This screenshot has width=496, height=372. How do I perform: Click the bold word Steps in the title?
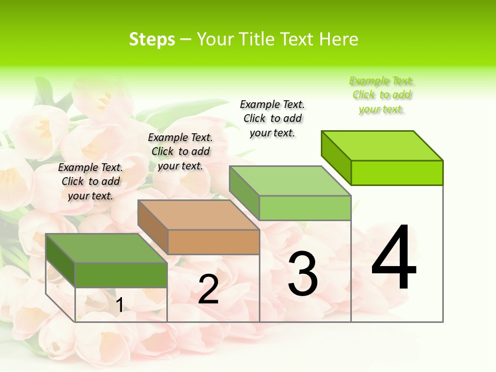(x=152, y=40)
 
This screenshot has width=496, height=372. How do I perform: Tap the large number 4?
(x=394, y=258)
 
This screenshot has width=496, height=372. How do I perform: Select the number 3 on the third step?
(x=303, y=274)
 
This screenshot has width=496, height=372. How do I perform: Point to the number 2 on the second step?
(x=208, y=289)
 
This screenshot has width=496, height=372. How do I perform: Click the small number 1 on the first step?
(x=119, y=305)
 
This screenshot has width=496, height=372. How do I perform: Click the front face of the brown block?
(x=213, y=242)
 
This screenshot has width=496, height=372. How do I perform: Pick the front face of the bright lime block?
(x=397, y=173)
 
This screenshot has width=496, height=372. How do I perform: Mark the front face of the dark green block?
(x=121, y=275)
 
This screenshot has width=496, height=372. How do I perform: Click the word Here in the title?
(x=339, y=40)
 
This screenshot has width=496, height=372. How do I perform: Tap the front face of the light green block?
(x=305, y=208)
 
